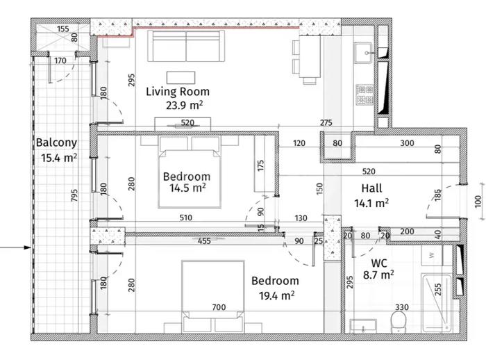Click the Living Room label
[x=178, y=92]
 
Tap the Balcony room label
[x=56, y=142]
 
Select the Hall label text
[x=371, y=188]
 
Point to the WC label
[x=379, y=263]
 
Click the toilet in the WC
[x=399, y=322]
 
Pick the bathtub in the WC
[x=437, y=302]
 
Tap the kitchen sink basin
[x=363, y=53]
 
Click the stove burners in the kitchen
[x=364, y=95]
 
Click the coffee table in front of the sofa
[x=181, y=78]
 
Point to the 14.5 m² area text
[x=187, y=188]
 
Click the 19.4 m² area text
[x=276, y=296]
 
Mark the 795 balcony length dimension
[x=74, y=195]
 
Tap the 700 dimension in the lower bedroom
[x=219, y=307]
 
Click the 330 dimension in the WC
[x=402, y=307]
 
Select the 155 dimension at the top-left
[x=63, y=29]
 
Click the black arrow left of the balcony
[x=15, y=247]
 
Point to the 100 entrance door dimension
[x=478, y=202]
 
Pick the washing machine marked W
[x=432, y=255]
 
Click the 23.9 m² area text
[x=185, y=106]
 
